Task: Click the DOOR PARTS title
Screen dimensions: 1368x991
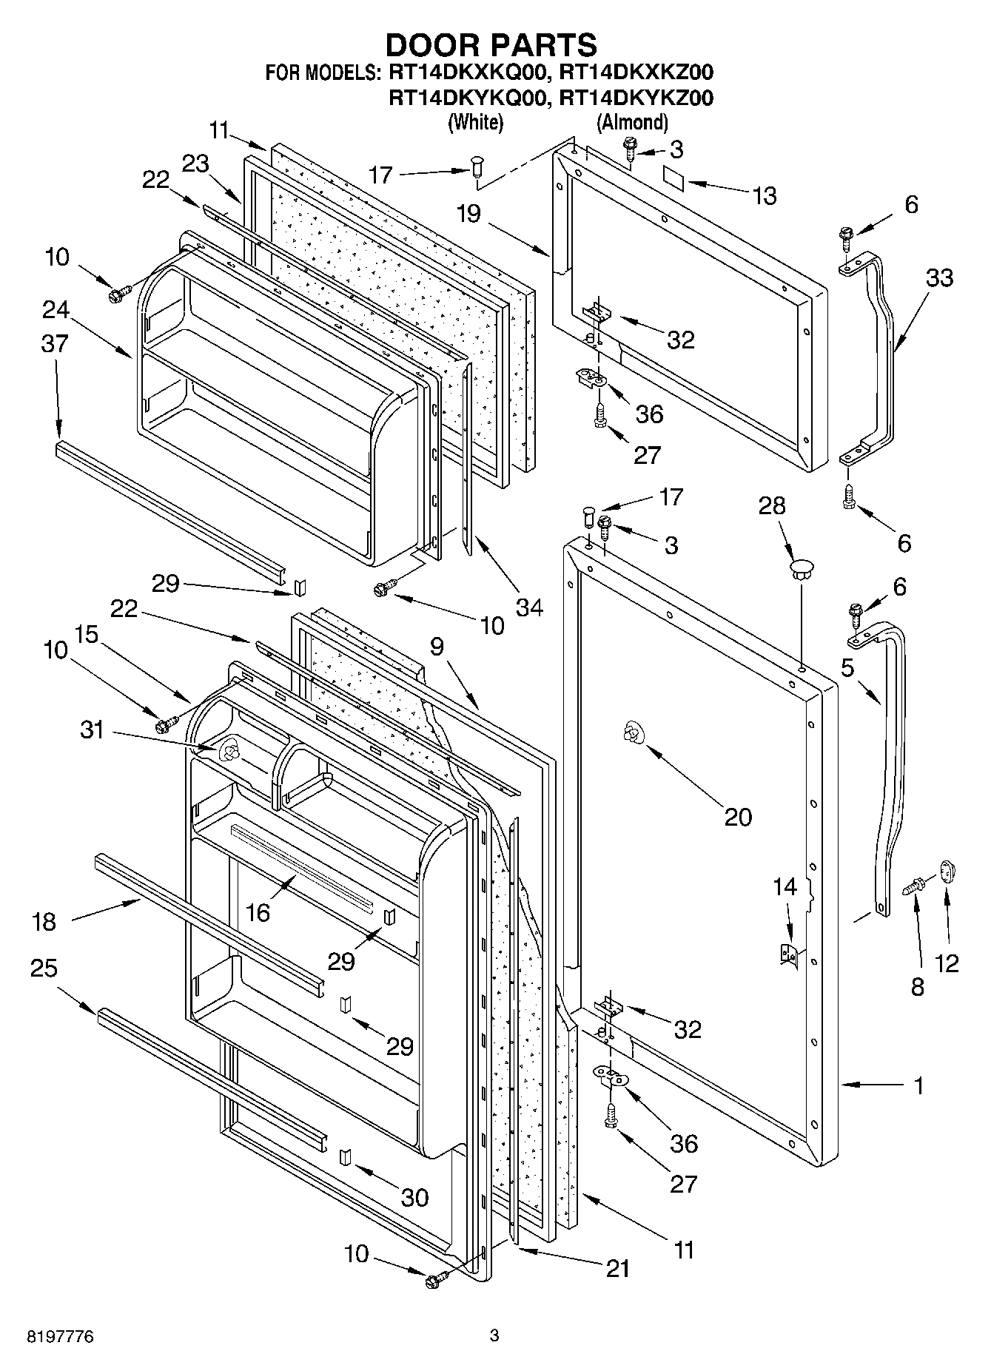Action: (x=491, y=45)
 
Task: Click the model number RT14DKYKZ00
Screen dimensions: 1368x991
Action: (x=636, y=98)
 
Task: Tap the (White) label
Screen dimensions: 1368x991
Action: (x=475, y=122)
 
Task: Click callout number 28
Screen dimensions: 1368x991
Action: (x=772, y=508)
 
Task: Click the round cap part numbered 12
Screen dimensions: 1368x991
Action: (x=948, y=871)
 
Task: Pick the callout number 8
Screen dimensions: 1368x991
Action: (x=917, y=988)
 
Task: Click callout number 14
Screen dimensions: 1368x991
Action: (x=786, y=886)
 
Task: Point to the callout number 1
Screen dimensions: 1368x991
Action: (x=918, y=1086)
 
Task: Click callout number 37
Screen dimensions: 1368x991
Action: (x=56, y=343)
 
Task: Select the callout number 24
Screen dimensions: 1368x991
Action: (x=56, y=309)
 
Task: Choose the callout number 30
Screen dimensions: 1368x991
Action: (x=414, y=1197)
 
